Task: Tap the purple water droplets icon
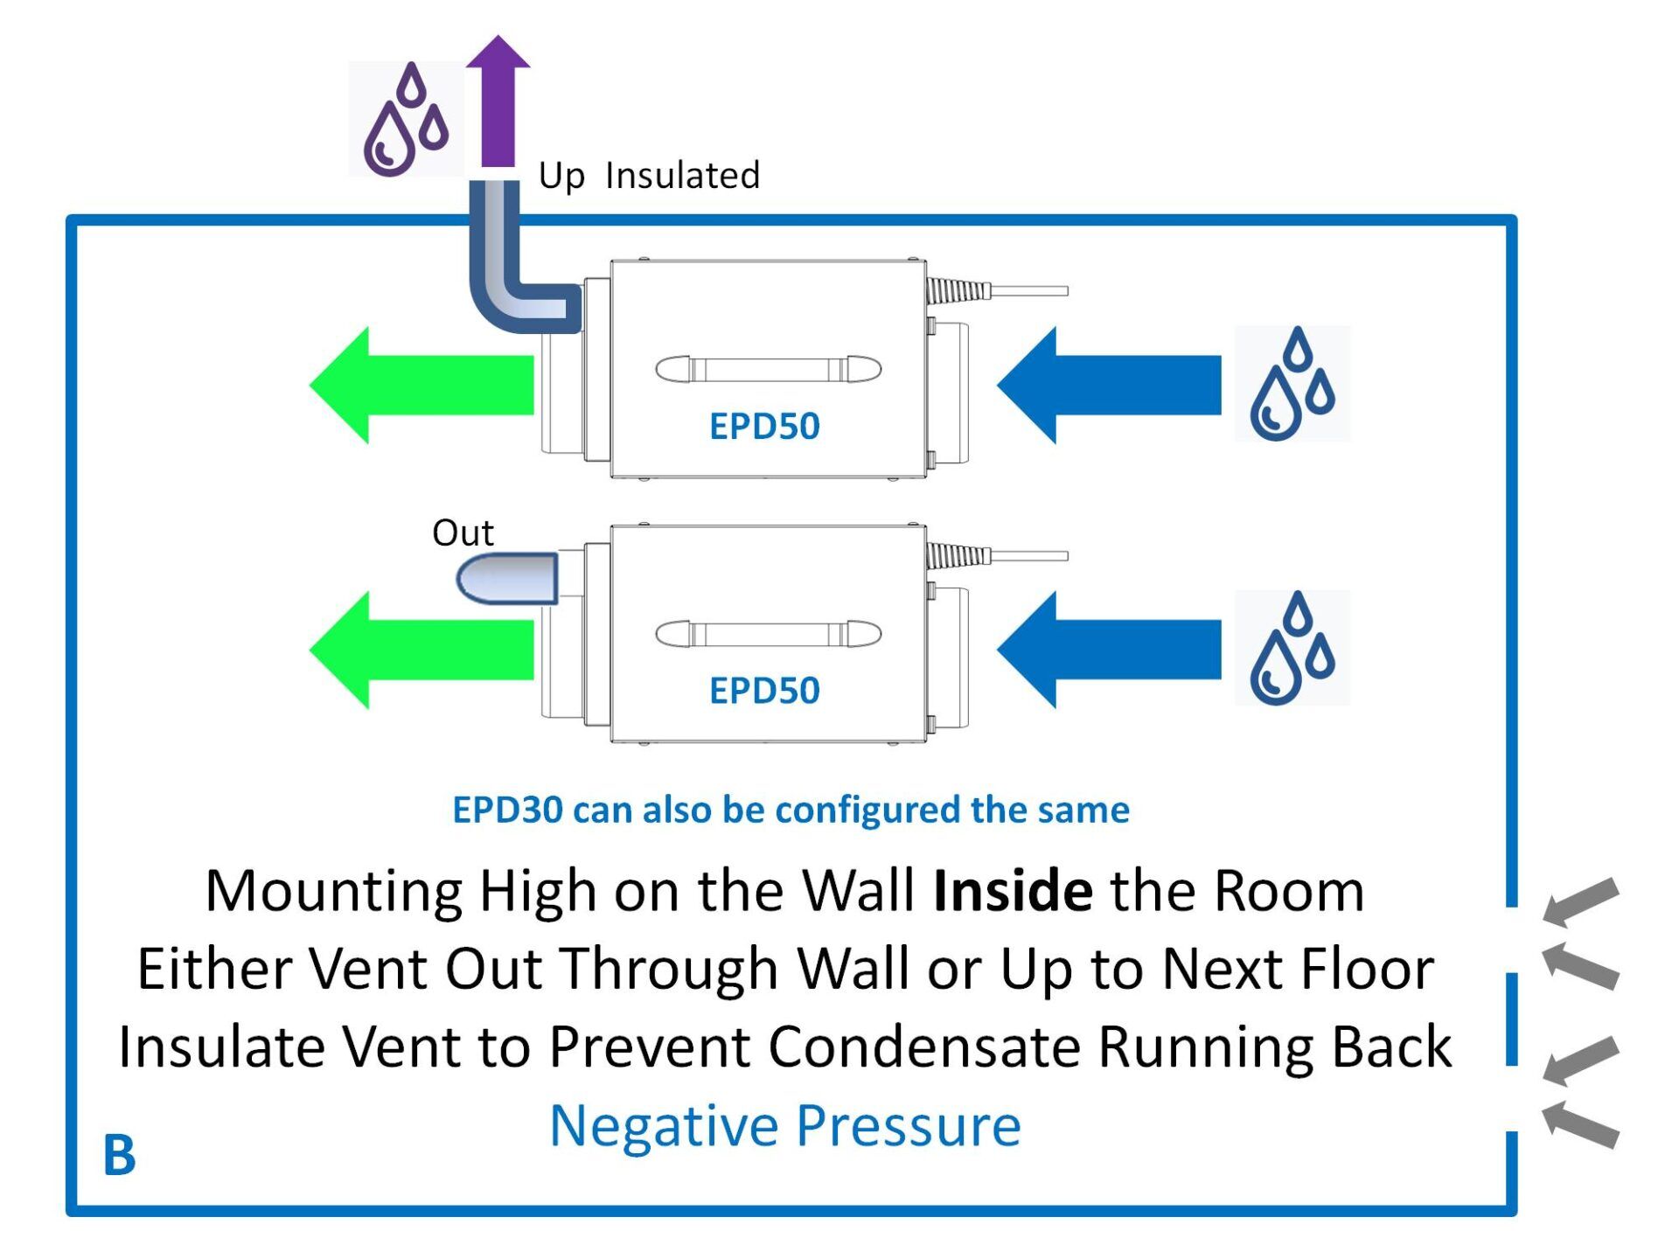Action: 406,120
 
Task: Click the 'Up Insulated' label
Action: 649,176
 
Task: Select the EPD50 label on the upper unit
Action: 764,427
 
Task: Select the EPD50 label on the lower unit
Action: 764,691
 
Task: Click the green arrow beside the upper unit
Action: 421,386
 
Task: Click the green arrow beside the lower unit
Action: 421,650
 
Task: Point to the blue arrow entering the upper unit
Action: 1108,386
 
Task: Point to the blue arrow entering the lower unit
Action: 1108,650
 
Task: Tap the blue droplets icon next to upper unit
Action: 1292,384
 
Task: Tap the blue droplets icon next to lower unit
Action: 1292,648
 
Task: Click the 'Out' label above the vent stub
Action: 463,533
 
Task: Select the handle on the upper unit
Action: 768,370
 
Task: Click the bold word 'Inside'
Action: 1013,892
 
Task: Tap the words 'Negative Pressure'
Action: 785,1125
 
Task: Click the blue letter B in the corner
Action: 120,1156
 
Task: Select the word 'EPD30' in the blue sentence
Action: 507,810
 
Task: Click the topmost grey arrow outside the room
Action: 1581,901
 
